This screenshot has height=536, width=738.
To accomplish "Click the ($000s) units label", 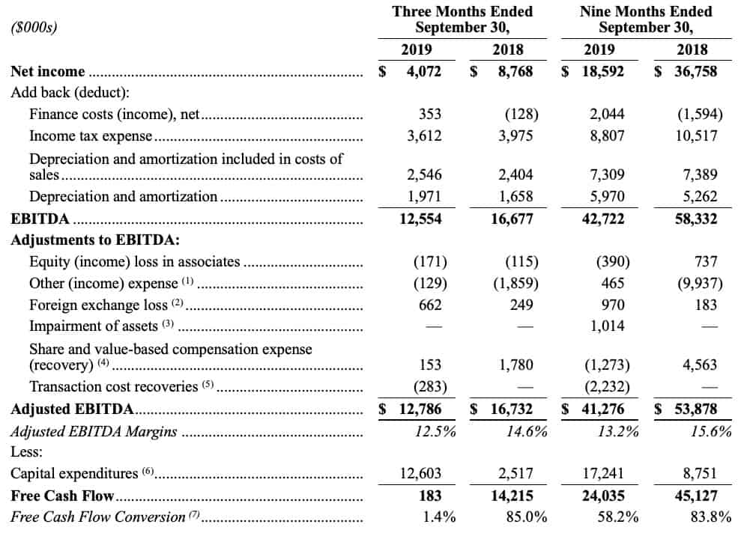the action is coord(34,27).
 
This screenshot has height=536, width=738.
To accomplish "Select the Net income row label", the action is coord(47,71).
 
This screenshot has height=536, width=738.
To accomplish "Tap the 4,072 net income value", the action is coord(424,71).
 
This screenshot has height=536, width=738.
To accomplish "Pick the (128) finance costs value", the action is coord(521,115).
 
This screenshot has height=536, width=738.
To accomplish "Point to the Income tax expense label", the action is coord(91,136).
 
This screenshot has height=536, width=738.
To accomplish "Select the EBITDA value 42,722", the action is coord(603,219).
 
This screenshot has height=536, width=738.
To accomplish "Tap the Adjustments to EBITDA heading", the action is coord(95,240).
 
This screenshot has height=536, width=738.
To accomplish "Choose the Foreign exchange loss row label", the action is coord(98,305).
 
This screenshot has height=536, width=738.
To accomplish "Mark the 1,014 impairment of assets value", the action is coord(607,326).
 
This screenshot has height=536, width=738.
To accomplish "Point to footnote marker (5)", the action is coord(208,384).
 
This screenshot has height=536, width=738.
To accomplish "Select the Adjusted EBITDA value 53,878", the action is coord(695,409).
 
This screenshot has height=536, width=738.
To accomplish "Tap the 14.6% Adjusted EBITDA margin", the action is coord(527,432).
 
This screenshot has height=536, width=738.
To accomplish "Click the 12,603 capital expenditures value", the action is coord(421,473).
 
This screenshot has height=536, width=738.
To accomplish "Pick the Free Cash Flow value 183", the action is coord(430,496).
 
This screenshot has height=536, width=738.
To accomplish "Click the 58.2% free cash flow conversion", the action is coord(618,517).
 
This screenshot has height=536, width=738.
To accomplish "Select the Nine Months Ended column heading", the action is coord(646,12).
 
